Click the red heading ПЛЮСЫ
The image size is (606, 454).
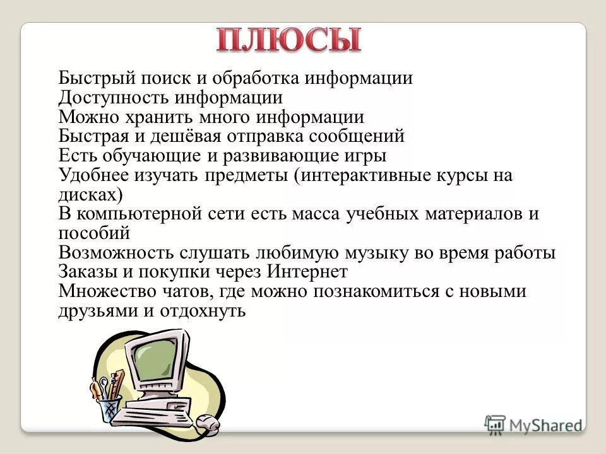tap(289, 40)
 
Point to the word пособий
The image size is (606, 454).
tap(94, 233)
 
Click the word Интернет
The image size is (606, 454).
tap(307, 272)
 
